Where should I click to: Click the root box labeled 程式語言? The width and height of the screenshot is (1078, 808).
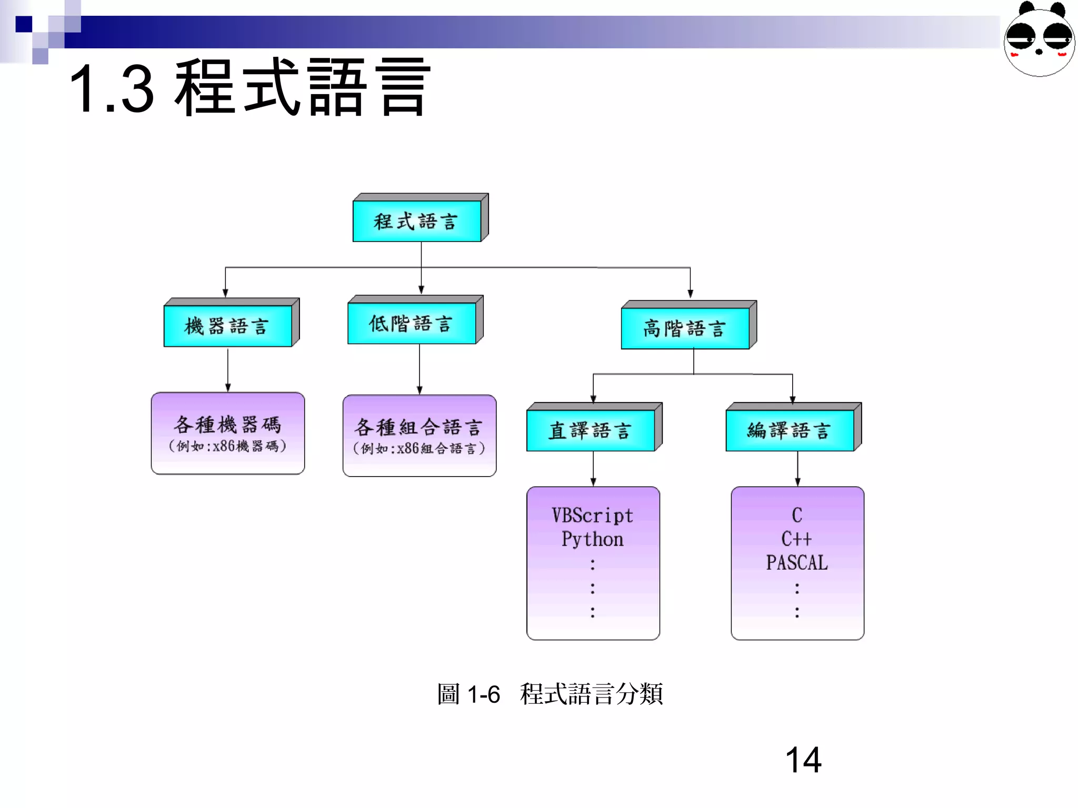(x=417, y=221)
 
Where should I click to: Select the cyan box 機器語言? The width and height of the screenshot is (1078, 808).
(x=227, y=326)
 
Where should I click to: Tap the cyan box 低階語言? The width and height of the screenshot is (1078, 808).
(x=412, y=323)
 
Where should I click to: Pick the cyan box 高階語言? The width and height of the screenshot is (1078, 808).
(x=685, y=328)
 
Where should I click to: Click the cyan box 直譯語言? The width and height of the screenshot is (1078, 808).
(x=591, y=430)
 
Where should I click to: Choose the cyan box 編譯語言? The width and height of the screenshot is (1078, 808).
(x=790, y=430)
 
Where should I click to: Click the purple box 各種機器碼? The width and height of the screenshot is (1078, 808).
(x=227, y=433)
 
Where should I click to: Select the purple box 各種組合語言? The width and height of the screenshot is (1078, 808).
(x=419, y=436)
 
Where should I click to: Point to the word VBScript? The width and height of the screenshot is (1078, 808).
(x=592, y=516)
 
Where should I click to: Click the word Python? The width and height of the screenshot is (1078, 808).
(x=592, y=539)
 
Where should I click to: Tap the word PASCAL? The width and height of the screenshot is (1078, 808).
(x=796, y=563)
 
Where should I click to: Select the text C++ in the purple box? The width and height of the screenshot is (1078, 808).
(x=796, y=539)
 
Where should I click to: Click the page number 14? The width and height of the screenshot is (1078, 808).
(x=803, y=760)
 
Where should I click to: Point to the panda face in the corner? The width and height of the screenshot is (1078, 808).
(x=1039, y=39)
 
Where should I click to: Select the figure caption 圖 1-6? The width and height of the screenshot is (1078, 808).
(x=468, y=694)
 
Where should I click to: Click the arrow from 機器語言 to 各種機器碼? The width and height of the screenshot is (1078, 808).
(x=228, y=369)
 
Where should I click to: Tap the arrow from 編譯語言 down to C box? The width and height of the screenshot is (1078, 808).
(x=797, y=468)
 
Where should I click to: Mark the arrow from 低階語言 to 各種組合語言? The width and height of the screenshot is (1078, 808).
(x=420, y=369)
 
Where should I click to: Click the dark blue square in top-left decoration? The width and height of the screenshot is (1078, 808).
(x=24, y=24)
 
